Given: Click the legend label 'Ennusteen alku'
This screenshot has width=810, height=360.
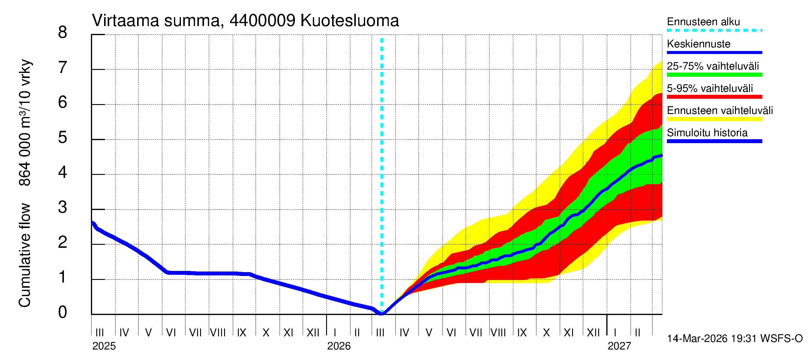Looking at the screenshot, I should (703, 22).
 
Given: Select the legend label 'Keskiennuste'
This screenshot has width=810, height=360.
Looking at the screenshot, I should (698, 44).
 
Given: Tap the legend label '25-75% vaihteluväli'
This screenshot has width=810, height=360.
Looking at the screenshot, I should (712, 66).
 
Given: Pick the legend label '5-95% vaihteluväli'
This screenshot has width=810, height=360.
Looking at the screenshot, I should (710, 88).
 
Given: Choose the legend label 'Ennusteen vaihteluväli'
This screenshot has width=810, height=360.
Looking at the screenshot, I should (720, 111).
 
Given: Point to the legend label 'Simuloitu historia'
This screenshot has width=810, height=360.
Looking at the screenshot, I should (707, 133).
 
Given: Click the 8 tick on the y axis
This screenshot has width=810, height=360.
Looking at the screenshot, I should (63, 33).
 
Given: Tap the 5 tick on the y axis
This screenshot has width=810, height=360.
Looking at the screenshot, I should (63, 138).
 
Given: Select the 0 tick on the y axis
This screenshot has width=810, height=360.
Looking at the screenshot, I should (63, 312).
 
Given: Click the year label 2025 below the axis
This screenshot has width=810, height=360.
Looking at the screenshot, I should (104, 346).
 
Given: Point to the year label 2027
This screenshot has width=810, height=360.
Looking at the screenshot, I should (619, 346).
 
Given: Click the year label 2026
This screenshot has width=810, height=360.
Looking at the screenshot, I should (339, 346).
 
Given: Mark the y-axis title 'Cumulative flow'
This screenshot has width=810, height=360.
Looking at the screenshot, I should (25, 255).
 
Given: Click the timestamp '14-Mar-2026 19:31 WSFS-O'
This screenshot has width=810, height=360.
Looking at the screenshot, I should (734, 339).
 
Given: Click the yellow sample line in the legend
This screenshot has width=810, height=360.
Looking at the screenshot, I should (714, 119).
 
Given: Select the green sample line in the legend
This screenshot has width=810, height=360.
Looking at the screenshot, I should (714, 75).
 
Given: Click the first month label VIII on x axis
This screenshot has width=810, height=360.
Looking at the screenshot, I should (218, 333).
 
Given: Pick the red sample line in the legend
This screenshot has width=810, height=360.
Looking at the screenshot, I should (714, 97).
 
